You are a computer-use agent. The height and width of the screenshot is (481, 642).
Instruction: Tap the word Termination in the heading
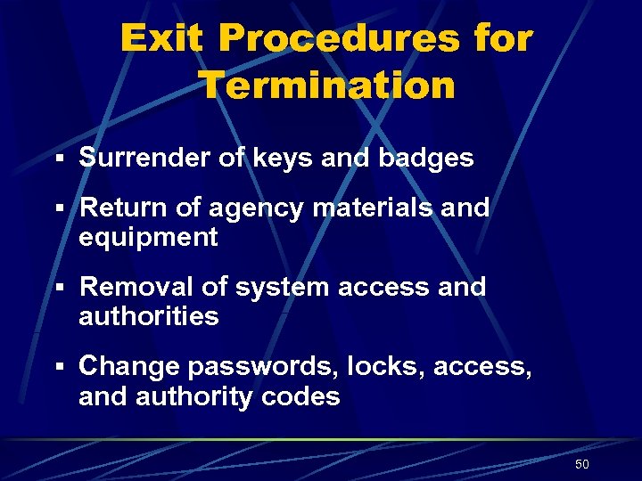point(326,86)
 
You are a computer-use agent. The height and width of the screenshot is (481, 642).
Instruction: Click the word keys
point(273,159)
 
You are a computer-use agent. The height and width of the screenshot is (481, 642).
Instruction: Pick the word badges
point(426,159)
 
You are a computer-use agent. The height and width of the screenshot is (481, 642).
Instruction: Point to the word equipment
point(148,238)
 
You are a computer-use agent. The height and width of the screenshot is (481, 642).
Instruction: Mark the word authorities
point(148,316)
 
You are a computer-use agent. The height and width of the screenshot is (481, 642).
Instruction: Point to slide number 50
point(582,464)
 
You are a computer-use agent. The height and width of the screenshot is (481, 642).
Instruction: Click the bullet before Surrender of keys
point(58,159)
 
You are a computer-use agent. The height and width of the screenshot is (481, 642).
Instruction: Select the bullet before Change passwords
point(58,367)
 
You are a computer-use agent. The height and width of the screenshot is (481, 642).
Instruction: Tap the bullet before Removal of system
point(58,288)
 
